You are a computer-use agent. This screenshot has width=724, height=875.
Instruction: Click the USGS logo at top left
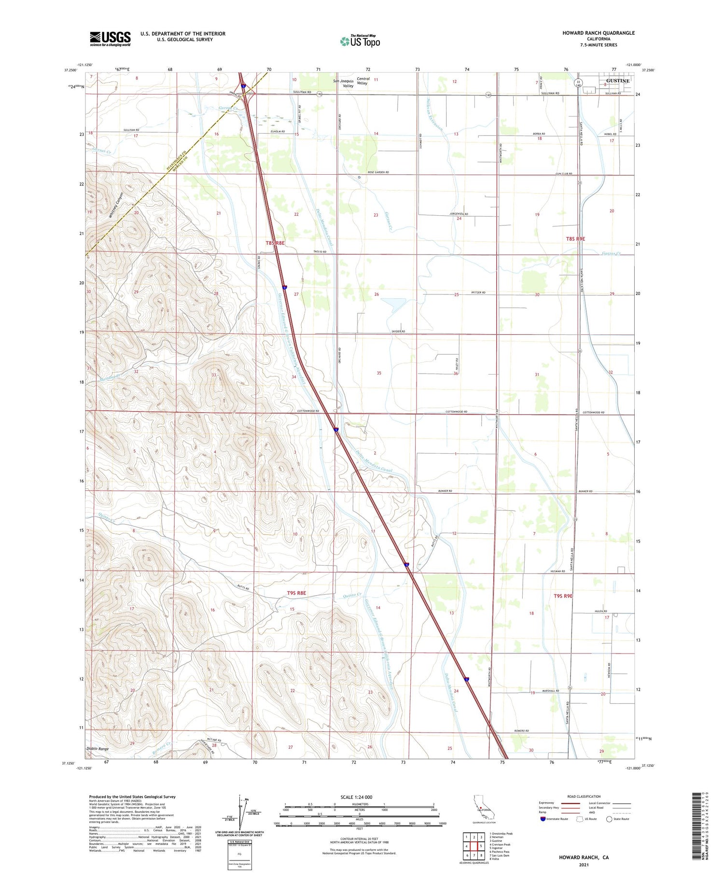point(110,39)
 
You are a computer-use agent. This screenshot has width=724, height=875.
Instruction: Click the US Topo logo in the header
point(360,42)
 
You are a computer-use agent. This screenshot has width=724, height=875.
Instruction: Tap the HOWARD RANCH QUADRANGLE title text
point(598,33)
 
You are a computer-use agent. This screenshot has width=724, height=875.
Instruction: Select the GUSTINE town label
point(617,81)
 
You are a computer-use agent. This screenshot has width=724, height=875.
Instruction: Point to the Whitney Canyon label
point(116,206)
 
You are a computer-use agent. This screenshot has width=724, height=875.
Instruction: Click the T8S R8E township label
point(275,243)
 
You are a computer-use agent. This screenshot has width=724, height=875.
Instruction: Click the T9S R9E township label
point(563,596)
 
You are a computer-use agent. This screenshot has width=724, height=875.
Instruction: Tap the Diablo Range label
point(97,749)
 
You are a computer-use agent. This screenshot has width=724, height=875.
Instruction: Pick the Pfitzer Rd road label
point(478,292)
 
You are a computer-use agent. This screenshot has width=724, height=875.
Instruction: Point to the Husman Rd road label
point(557,571)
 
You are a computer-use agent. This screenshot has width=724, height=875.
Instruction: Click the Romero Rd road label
point(521,731)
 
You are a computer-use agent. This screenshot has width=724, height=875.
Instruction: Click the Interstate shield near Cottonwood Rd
point(336,429)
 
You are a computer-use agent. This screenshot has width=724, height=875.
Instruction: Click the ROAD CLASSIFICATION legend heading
point(584,796)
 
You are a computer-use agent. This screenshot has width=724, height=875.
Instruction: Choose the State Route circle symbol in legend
point(609,819)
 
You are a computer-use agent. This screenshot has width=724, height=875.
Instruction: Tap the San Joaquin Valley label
point(343,83)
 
